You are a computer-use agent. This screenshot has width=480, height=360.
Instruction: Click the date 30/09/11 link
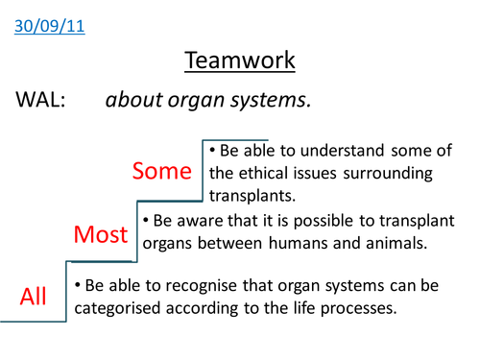pos(49,26)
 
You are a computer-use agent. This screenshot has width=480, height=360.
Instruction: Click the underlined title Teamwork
pos(239,61)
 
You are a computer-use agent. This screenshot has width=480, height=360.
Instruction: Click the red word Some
pos(163,173)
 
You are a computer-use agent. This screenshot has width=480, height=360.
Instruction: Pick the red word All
pos(34,297)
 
